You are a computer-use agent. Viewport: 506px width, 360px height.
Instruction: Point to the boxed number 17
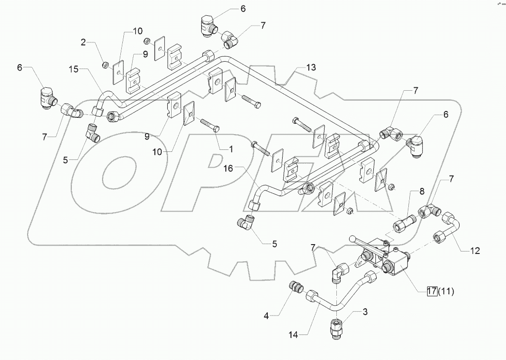[x=432, y=291]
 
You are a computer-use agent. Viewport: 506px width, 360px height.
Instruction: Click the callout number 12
[x=474, y=251]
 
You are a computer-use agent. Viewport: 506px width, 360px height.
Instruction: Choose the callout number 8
[x=422, y=192]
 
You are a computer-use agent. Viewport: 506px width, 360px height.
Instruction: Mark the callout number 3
[x=365, y=312]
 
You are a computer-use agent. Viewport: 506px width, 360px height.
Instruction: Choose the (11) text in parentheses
[x=446, y=291]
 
